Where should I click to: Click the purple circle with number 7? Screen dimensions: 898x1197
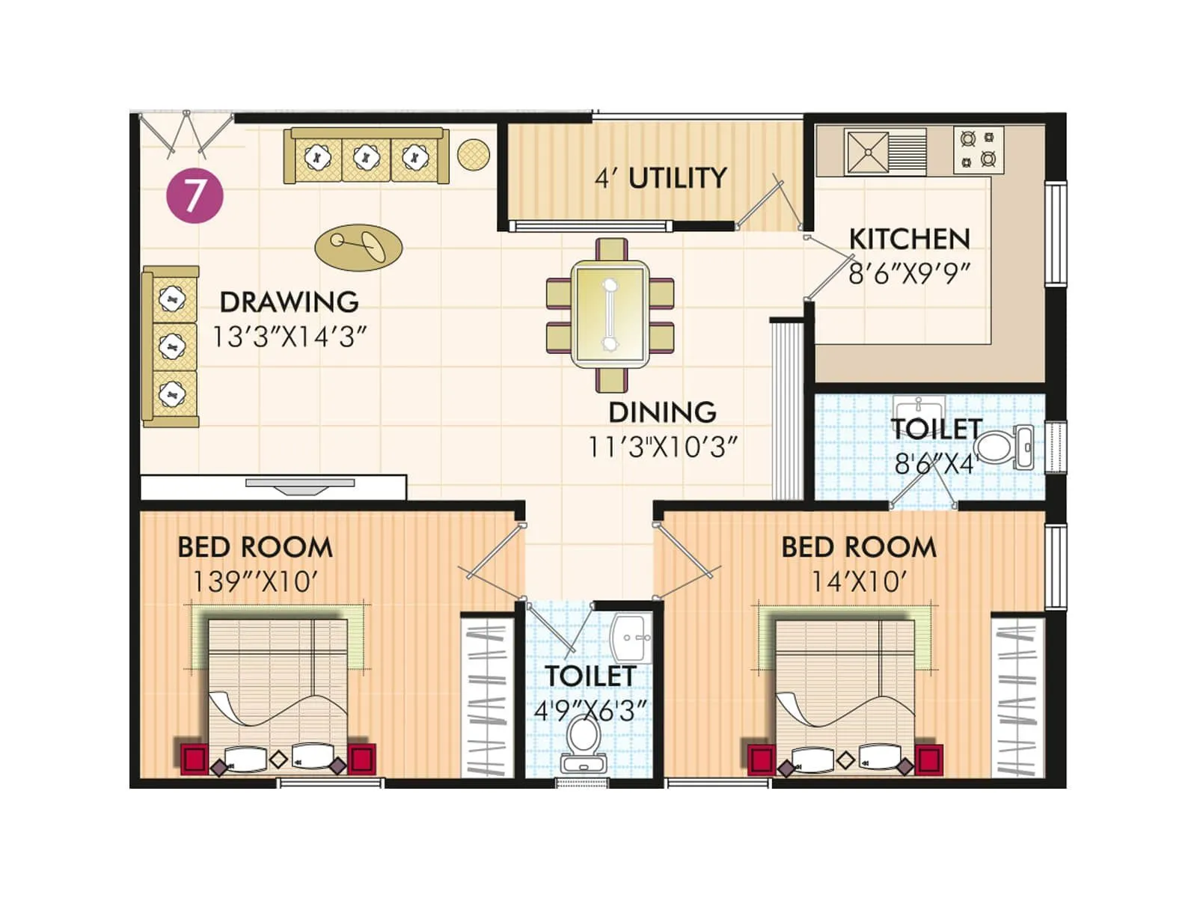pos(195,196)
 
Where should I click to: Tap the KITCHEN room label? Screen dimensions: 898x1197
pos(909,239)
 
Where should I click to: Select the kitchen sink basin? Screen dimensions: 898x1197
pos(868,152)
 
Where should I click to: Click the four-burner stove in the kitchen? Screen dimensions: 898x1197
pos(978,149)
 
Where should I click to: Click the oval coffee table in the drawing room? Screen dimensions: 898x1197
pos(358,246)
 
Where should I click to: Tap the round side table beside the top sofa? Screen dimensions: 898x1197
pos(473,154)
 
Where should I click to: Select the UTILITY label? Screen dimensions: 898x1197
pos(677,178)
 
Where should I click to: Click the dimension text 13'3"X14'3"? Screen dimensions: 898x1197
pos(290,337)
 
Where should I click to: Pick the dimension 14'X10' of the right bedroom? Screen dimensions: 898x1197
pos(860,581)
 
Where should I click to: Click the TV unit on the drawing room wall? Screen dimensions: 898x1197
pos(299,486)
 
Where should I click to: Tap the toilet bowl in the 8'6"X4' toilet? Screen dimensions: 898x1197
pos(994,447)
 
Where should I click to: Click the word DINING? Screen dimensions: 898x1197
pos(662,412)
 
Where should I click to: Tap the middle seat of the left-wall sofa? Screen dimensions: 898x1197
pos(173,346)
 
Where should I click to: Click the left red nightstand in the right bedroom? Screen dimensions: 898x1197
pos(761,759)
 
